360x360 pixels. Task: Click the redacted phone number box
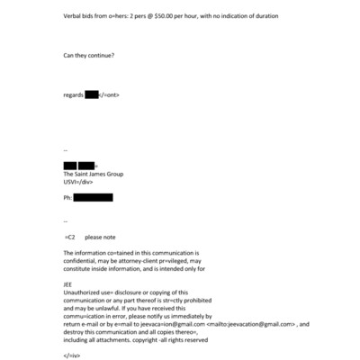tap(94, 197)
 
